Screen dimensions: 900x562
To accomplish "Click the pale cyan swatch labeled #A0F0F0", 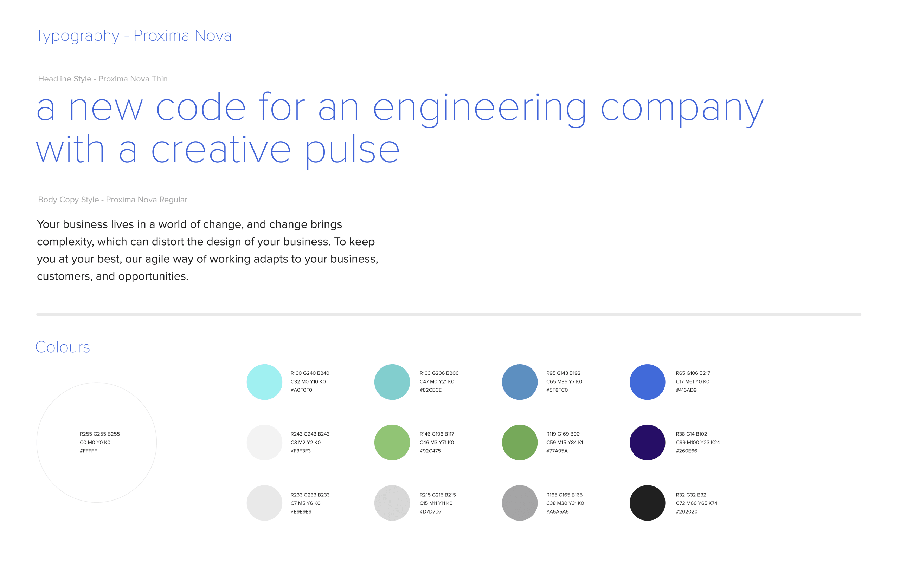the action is [x=264, y=382].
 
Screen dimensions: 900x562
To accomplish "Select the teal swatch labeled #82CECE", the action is [x=392, y=382].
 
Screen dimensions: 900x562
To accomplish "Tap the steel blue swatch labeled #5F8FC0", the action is [x=520, y=382].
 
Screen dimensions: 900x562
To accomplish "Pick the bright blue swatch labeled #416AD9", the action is [x=647, y=382].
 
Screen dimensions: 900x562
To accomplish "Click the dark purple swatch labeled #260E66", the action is [x=647, y=442].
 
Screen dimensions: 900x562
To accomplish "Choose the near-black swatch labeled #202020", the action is [x=647, y=503].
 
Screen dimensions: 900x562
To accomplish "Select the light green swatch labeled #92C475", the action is [x=392, y=442].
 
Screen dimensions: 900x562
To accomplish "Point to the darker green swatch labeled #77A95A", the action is [x=520, y=442].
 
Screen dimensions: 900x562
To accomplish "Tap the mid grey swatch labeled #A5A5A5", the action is [x=520, y=503].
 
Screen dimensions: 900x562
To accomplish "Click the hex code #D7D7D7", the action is [x=430, y=512].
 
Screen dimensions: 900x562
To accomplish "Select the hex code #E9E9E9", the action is [x=301, y=512].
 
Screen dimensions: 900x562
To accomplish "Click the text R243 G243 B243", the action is [x=310, y=434].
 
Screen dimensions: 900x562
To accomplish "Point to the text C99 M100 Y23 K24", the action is [x=698, y=442].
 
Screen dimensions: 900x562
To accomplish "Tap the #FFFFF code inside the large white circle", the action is [x=88, y=451].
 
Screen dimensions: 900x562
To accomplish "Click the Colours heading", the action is [x=63, y=347].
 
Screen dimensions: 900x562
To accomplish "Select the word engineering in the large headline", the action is [x=480, y=109].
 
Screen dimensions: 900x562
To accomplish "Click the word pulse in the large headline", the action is [x=353, y=151].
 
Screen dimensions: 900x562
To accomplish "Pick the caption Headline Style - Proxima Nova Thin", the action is [x=103, y=79].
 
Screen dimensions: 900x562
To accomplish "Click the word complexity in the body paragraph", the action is [x=65, y=242].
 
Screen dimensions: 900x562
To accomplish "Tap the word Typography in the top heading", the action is [x=77, y=36].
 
